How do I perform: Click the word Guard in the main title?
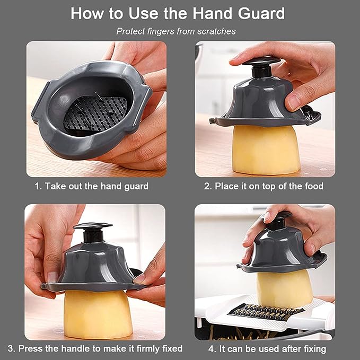261,13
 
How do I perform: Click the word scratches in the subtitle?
216,31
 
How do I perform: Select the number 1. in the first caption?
38,186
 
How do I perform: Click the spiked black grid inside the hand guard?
95,113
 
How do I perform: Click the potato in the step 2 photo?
266,149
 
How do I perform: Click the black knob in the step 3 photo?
93,232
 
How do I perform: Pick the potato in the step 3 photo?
98,314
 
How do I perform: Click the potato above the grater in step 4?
284,289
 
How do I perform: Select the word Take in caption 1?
55,186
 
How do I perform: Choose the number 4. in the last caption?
212,349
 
